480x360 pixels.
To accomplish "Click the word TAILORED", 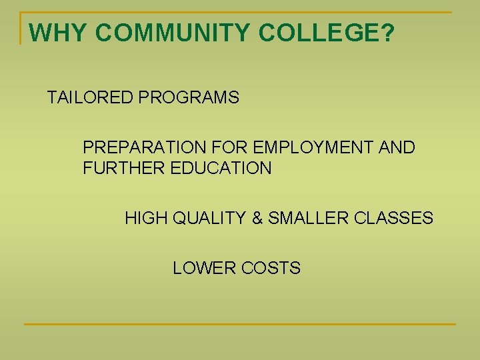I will pos(90,98).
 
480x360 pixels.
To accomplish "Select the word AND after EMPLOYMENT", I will pos(397,147).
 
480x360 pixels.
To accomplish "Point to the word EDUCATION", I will pos(221,168).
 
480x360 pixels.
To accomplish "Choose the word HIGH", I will pos(146,218).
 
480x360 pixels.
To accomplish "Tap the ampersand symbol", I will pos(259,218).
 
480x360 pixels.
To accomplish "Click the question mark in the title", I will pos(387,33).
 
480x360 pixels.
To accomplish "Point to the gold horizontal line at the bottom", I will pos(240,324).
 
